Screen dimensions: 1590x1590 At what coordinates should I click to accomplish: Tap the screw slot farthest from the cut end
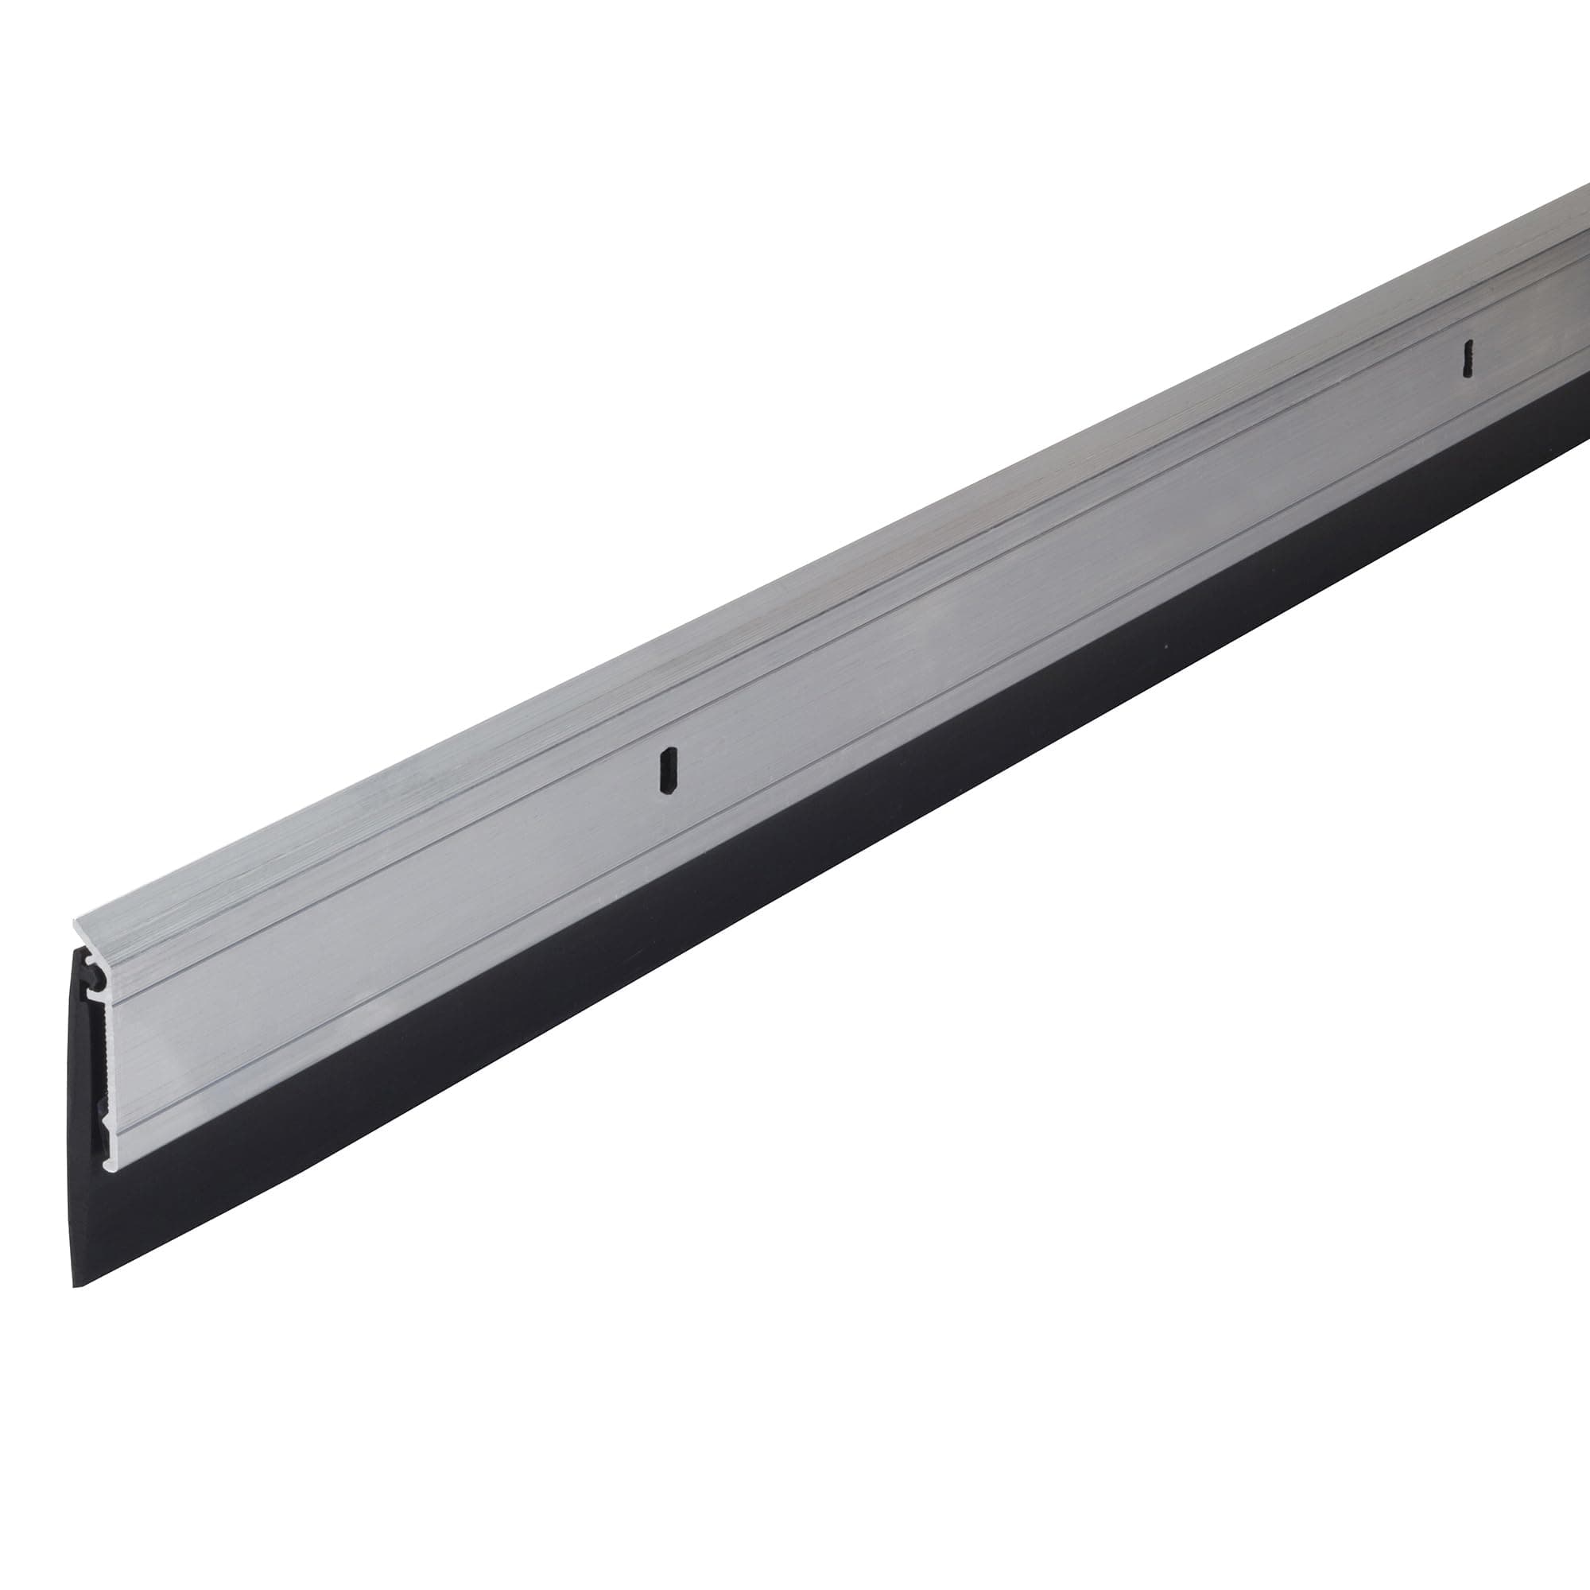tap(1466, 359)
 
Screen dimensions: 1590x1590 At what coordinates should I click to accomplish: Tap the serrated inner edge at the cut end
tap(103, 1053)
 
